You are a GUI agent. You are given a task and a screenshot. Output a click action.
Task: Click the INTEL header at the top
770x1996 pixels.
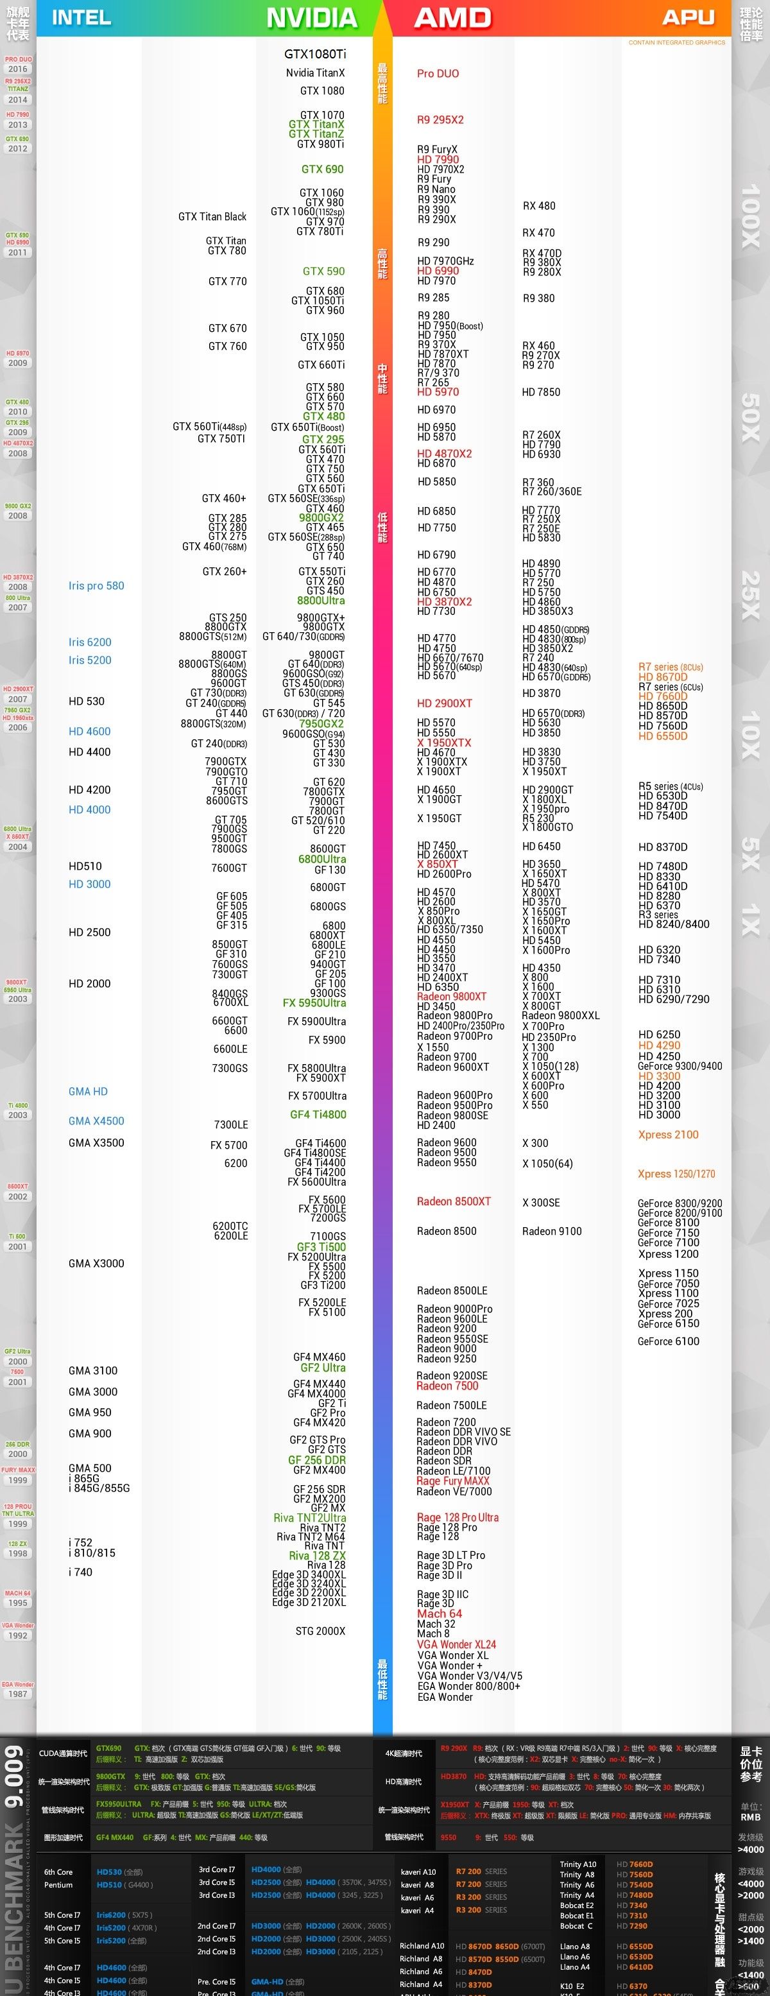coord(81,17)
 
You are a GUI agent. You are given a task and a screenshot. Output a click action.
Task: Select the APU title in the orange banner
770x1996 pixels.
coord(688,17)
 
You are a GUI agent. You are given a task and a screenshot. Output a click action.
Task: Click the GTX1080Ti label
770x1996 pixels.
coord(314,55)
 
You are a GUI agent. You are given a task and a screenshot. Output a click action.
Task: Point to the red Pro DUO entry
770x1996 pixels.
coord(438,74)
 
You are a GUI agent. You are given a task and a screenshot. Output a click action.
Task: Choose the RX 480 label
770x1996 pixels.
coord(538,206)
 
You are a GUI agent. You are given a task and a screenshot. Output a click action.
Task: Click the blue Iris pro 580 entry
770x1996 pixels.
coord(96,586)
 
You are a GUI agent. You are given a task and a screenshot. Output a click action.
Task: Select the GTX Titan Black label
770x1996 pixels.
coord(212,217)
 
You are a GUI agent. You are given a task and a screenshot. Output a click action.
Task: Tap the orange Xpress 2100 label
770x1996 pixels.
coord(668,1134)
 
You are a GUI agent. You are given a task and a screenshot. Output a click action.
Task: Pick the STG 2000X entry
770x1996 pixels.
coord(320,1631)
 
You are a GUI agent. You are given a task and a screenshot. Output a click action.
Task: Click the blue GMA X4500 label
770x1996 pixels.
coord(96,1121)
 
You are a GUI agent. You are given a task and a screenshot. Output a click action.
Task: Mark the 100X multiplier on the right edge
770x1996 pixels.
coord(751,217)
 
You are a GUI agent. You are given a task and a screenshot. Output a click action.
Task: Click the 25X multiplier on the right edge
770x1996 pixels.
coord(751,595)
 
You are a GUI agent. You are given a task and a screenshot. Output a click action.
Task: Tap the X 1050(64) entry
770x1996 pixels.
coord(547,1164)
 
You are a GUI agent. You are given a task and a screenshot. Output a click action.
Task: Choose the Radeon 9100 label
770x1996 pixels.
coord(552,1231)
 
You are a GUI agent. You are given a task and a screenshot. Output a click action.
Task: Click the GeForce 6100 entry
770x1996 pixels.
coord(668,1341)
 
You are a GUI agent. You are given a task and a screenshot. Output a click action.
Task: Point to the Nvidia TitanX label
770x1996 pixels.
coord(315,73)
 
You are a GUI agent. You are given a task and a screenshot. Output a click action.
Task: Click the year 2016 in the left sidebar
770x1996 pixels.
coord(18,69)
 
